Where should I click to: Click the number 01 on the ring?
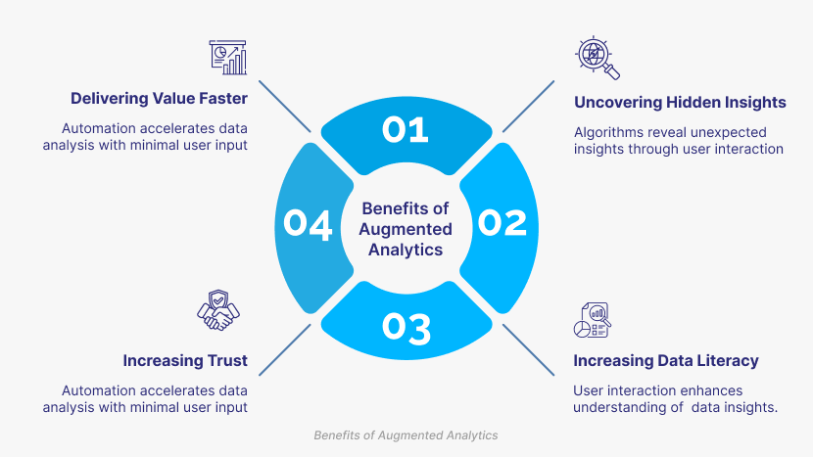pos(406,129)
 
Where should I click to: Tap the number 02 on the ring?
pos(502,223)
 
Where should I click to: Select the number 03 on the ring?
pos(406,328)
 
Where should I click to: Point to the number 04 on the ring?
pos(309,223)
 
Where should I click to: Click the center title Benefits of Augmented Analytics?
pos(406,229)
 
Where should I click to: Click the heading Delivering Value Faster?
pos(159,99)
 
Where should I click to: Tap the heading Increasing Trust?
pos(185,360)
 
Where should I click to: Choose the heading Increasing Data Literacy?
pos(666,360)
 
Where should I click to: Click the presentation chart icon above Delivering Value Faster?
pos(227,58)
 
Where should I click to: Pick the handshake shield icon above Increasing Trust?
pos(217,312)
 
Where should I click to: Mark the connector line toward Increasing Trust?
pos(285,347)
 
